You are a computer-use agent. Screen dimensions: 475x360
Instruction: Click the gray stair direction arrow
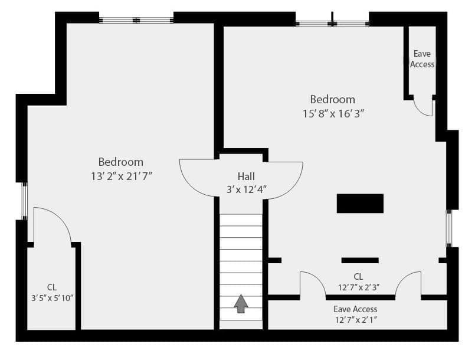coord(241,303)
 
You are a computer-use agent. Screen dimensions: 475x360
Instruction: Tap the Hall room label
coord(246,176)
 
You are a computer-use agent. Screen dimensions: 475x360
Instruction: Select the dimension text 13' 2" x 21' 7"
coord(122,176)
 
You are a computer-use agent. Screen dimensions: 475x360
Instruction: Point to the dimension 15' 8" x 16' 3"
coord(333,114)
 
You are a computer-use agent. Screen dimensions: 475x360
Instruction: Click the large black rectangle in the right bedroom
coord(360,204)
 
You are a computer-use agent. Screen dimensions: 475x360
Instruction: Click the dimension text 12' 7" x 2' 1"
coord(356,320)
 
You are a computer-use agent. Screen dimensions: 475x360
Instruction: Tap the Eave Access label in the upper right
coord(422,59)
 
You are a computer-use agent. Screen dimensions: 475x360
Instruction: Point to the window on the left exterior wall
coord(25,201)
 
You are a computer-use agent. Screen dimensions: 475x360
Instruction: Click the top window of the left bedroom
coord(136,20)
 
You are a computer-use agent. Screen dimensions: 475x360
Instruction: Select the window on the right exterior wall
coord(449,228)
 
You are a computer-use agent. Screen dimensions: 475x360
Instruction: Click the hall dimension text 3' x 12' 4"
coord(247,190)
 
